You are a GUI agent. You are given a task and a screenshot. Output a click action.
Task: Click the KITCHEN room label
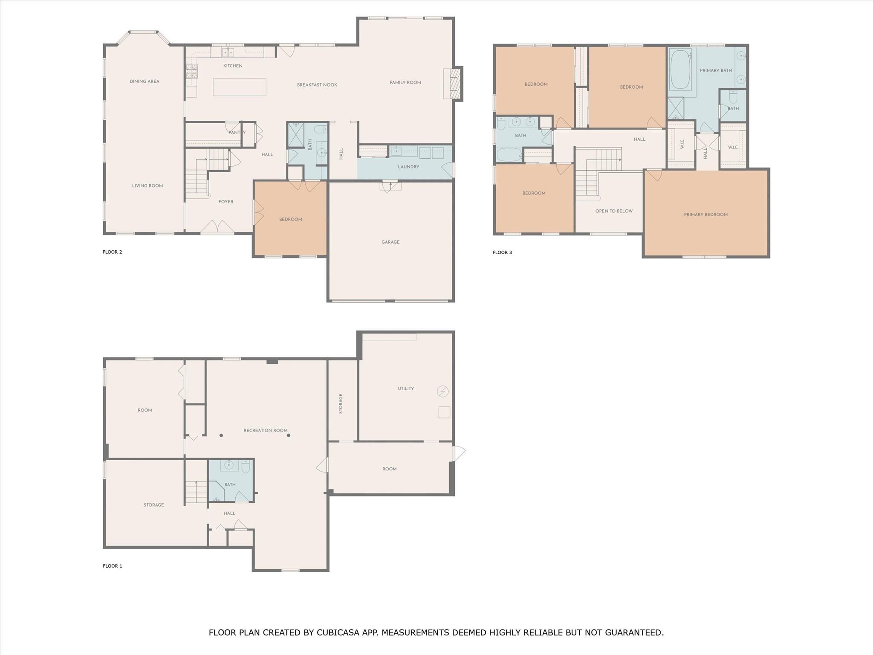click(233, 66)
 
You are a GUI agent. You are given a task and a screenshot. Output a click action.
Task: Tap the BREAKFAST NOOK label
click(317, 85)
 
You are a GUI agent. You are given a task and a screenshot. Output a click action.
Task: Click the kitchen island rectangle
click(240, 87)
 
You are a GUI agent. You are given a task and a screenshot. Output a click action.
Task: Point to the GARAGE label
click(390, 242)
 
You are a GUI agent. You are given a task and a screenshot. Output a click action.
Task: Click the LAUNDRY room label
click(408, 167)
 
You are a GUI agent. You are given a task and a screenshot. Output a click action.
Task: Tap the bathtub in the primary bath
click(680, 70)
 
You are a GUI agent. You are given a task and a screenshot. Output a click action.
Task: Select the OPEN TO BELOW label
click(614, 211)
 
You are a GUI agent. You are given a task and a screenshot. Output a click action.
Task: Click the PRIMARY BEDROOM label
click(706, 214)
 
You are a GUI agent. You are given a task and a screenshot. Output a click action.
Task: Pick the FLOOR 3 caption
click(502, 252)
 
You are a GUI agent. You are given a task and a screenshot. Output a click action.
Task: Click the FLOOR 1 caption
click(113, 566)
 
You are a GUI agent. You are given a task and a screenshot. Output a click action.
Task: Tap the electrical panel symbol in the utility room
click(443, 391)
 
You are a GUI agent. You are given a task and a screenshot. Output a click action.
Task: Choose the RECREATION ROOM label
click(266, 431)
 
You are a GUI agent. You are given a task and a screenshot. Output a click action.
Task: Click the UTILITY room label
click(406, 388)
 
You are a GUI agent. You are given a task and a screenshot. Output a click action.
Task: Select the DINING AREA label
click(145, 81)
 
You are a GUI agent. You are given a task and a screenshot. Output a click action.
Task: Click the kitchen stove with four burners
click(192, 71)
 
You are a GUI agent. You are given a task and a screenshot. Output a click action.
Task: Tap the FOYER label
click(226, 202)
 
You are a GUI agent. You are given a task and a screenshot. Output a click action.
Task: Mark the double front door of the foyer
click(217, 227)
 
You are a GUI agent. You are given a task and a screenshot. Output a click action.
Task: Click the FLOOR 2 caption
click(113, 252)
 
